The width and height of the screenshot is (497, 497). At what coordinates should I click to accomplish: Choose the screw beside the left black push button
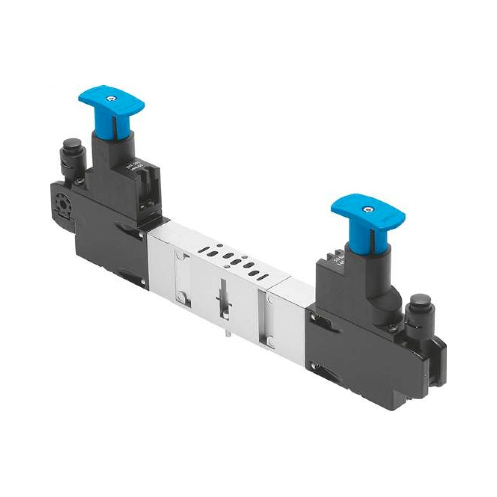pos(77,182)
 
